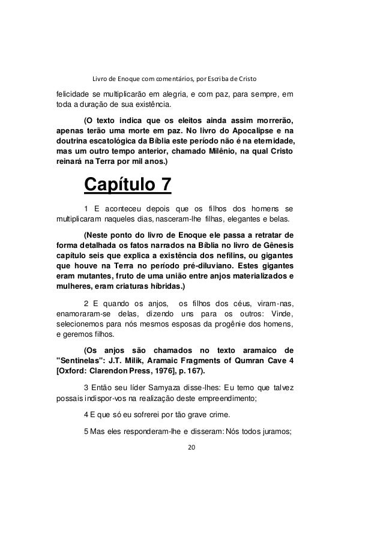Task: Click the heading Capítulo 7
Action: pyautogui.click(x=127, y=185)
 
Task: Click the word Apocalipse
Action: pyautogui.click(x=250, y=129)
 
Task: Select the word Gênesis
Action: pyautogui.click(x=275, y=245)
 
